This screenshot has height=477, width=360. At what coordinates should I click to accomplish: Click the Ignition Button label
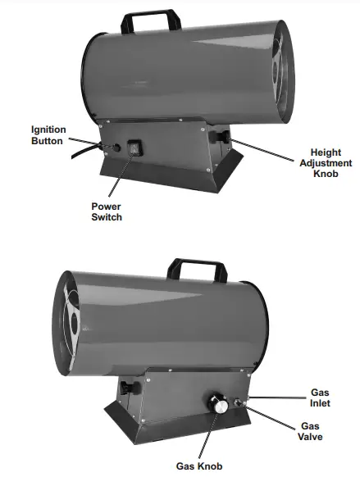click(48, 136)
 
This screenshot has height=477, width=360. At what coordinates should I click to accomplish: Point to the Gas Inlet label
click(320, 397)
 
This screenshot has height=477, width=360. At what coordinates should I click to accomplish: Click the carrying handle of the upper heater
click(151, 20)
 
